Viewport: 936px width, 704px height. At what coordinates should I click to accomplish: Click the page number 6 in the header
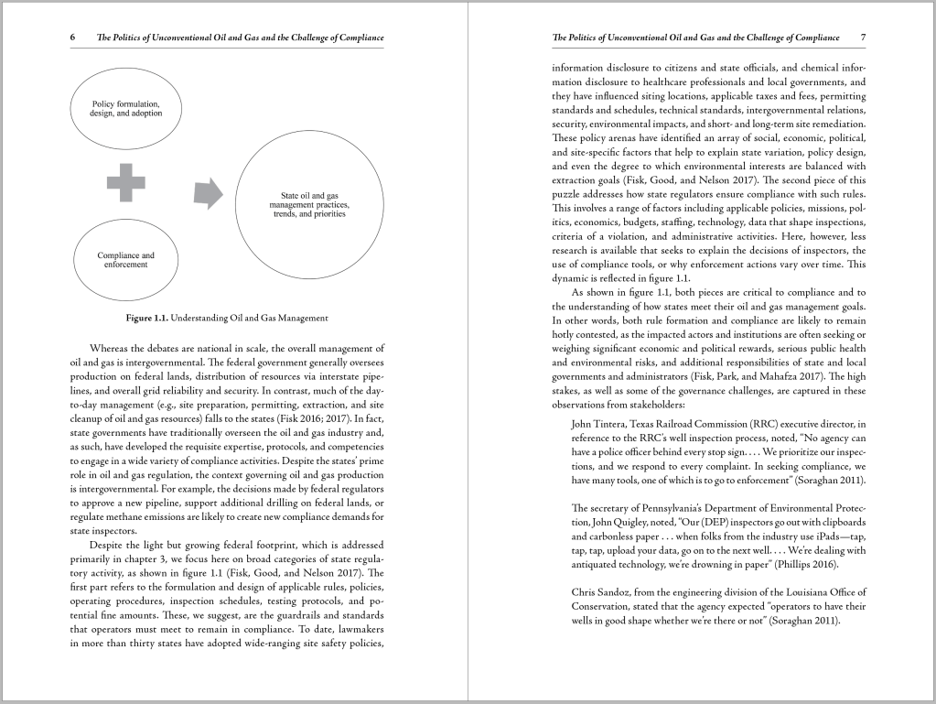(72, 38)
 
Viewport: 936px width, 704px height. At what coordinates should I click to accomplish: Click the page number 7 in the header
(863, 38)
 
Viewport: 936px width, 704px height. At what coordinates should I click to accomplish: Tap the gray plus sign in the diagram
(126, 183)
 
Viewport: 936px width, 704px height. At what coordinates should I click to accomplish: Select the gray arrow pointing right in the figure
(209, 191)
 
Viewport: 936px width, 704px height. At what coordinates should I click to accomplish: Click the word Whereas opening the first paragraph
(110, 348)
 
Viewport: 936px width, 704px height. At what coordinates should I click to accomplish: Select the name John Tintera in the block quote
(599, 424)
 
